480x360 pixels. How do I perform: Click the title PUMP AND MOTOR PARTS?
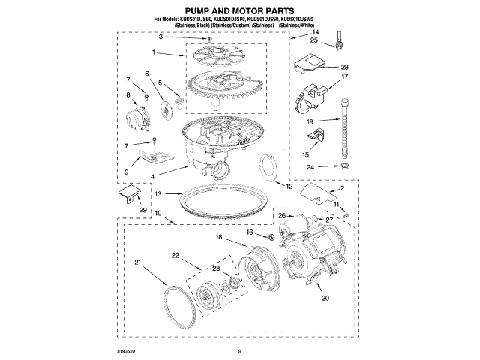[x=240, y=11]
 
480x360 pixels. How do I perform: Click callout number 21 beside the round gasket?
[x=137, y=261]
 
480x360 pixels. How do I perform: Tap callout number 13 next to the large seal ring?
[x=157, y=193]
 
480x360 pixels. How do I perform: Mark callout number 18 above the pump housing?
[x=219, y=237]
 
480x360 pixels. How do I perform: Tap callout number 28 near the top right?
[x=346, y=66]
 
